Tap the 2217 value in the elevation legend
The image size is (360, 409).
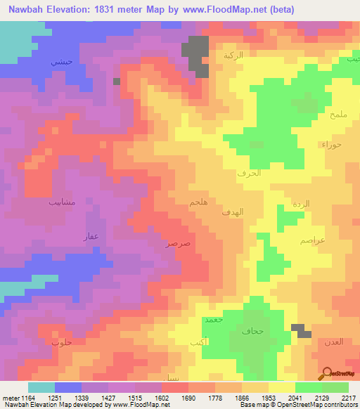point(349,398)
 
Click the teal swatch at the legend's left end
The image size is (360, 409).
point(41,387)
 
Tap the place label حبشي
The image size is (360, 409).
point(60,63)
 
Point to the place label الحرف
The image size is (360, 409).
point(250,172)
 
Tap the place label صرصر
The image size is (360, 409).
point(178,243)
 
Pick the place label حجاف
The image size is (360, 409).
point(251,330)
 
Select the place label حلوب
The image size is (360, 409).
point(62,342)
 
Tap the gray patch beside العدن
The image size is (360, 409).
point(302,330)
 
